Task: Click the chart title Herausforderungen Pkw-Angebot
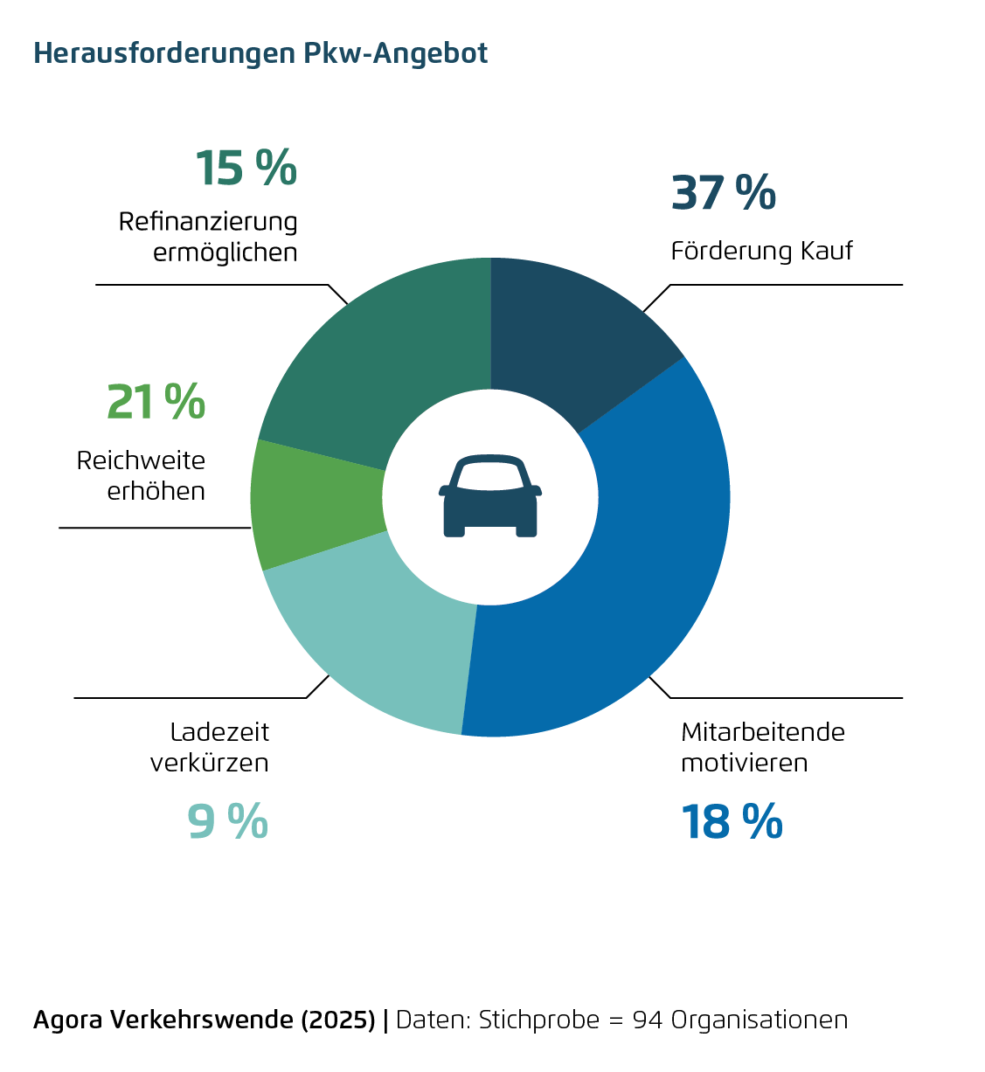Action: [x=260, y=53]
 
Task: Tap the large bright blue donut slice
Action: [x=629, y=559]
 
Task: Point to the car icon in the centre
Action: [x=490, y=495]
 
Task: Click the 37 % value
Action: [x=723, y=193]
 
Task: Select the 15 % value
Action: [x=246, y=168]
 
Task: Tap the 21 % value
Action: [x=156, y=403]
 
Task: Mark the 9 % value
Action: [x=227, y=822]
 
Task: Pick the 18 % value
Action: [x=732, y=822]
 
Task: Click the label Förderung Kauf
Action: [x=761, y=252]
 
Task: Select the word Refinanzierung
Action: [x=208, y=222]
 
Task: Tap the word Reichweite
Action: [x=141, y=460]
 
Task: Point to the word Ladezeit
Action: [x=219, y=732]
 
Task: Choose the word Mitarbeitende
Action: [x=763, y=732]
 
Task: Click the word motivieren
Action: [x=744, y=763]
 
